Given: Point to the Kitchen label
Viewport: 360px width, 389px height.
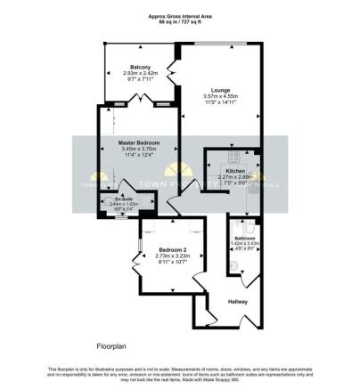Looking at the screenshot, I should (234, 170).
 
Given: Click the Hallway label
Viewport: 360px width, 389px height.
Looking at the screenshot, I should (238, 302).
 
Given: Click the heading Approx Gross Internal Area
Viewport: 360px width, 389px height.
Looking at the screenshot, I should (180, 15).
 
